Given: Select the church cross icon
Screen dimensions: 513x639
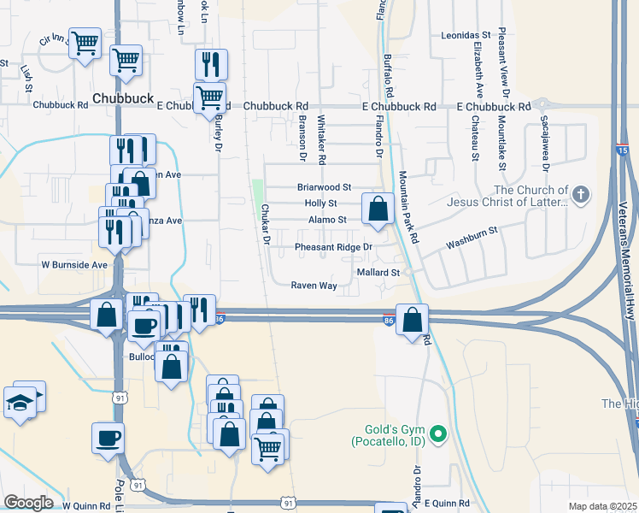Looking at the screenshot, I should point(580,194).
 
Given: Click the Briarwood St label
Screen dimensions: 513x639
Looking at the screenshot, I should point(324,186).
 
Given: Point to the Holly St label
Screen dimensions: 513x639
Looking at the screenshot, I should point(321,203).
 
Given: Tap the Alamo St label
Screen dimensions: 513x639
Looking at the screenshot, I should point(327,220).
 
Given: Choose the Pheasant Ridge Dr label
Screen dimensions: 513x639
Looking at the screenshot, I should point(334,247).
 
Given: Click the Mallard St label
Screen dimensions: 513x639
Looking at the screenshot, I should point(378,272).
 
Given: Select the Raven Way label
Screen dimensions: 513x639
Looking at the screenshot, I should point(314,286).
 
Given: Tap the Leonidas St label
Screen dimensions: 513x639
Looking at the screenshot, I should point(465,35).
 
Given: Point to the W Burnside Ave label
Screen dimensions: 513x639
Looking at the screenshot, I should point(74,265).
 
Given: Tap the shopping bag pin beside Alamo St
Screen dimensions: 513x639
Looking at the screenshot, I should point(377,208).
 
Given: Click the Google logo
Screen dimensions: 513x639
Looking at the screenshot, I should point(27,503).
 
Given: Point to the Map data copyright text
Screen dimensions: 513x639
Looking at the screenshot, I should point(602,506).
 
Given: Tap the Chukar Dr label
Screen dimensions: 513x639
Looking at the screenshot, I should point(266,225).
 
